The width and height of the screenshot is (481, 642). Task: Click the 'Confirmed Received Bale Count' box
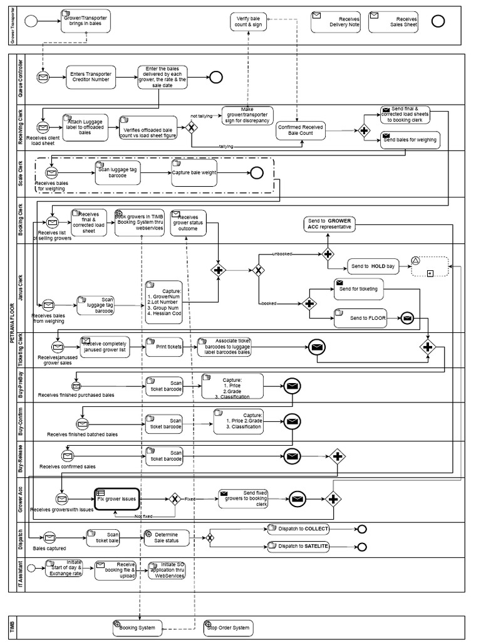coord(301,130)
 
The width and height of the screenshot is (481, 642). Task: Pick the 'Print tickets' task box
coord(164,346)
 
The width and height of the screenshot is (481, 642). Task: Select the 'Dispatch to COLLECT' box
coord(298,529)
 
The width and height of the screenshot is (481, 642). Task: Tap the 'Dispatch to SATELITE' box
coord(298,546)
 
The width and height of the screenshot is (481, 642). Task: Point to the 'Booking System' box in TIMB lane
coord(137,627)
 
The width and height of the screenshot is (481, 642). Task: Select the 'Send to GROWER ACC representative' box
coord(329,224)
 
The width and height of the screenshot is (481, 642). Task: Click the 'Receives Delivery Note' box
coord(335,22)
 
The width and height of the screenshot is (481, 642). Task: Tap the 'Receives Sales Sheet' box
coord(393,22)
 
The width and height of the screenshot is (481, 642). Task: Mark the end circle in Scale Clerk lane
coord(257,173)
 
